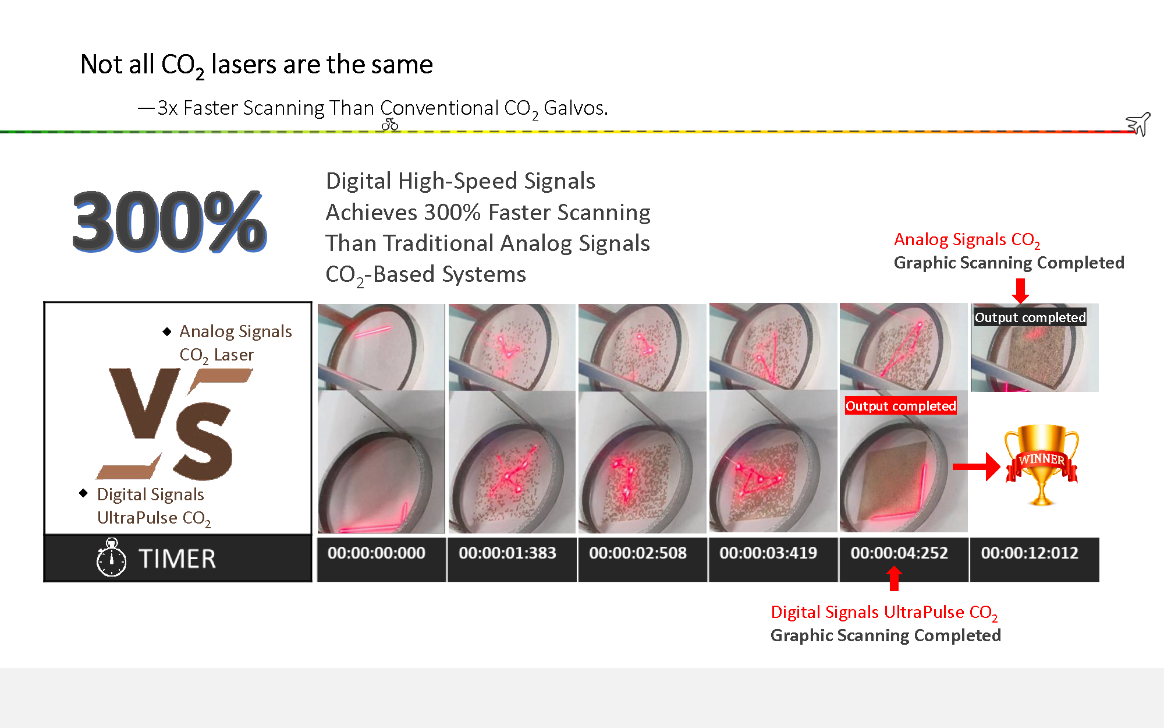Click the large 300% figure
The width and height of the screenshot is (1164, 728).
pos(169,222)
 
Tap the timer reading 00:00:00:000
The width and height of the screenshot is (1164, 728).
pos(377,553)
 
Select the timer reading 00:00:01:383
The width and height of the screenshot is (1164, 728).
pos(508,553)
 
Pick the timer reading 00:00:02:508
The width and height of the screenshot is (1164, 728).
pos(638,553)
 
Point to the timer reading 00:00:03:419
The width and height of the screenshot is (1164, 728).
pos(768,553)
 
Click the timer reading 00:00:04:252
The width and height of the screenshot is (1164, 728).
pos(899,553)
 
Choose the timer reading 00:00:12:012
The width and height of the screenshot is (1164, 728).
pos(1030,553)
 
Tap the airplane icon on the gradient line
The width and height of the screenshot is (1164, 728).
pos(1138,124)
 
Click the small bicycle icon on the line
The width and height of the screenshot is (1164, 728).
pos(390,124)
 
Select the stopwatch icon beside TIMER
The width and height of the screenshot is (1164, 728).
pos(111,558)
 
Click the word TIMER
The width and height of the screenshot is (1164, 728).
pos(178,559)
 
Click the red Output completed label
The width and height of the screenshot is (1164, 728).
pos(900,406)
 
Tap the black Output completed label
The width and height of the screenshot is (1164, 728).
pos(1030,317)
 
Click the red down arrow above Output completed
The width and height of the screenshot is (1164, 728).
pos(1020,290)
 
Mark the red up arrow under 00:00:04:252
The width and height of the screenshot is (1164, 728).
pos(894,579)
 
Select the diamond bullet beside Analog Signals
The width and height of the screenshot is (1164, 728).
pos(167,331)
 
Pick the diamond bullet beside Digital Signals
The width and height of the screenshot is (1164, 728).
pos(84,493)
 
